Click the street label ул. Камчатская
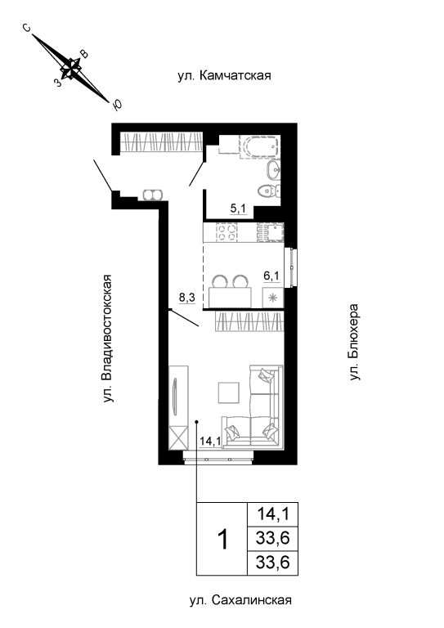[224, 75]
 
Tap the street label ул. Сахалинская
[240, 600]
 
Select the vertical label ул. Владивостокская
[107, 339]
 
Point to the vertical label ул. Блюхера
[354, 342]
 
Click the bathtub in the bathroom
[259, 147]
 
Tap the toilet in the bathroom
[268, 191]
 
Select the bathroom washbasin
[273, 171]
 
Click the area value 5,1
[238, 209]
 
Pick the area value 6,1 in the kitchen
[271, 276]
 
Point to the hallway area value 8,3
[187, 297]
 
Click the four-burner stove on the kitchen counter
[226, 232]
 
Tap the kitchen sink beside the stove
[271, 232]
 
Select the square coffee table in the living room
[229, 392]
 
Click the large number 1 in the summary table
[222, 539]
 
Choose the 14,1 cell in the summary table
[272, 514]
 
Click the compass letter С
[26, 28]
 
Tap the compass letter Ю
[117, 105]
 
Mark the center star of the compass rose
[71, 69]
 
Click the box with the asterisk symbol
[272, 298]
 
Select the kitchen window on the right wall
[290, 267]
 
